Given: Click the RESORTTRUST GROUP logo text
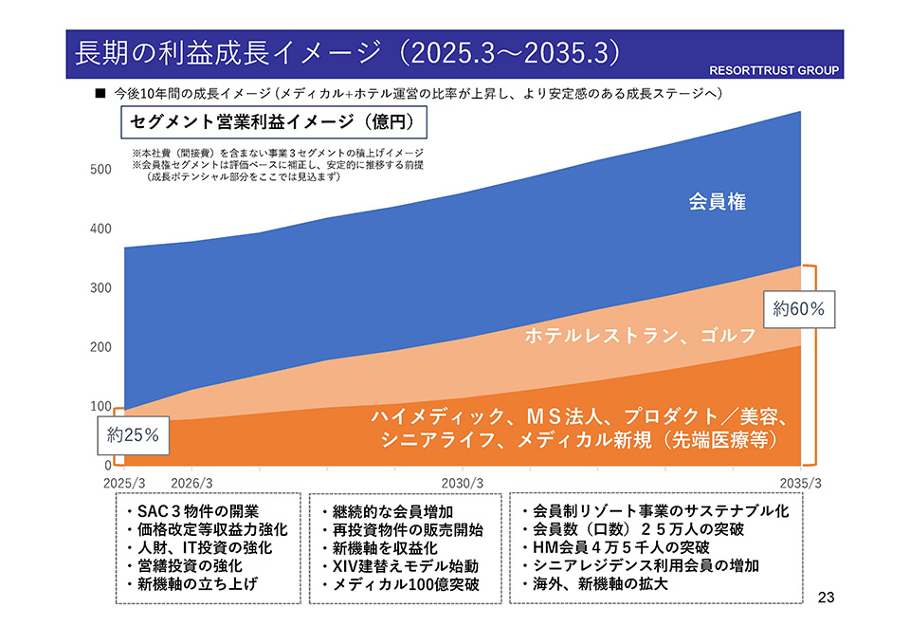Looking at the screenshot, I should click(774, 71).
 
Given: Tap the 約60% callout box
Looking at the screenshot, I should click(799, 309).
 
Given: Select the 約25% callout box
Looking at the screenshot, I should click(132, 437).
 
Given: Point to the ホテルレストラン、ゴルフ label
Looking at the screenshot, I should click(640, 336).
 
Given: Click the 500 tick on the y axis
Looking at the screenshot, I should click(100, 170).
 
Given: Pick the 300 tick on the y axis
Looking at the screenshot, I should click(100, 288).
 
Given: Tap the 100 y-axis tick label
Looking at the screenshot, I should click(100, 407).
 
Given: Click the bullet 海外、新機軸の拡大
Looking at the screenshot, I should click(595, 584).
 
